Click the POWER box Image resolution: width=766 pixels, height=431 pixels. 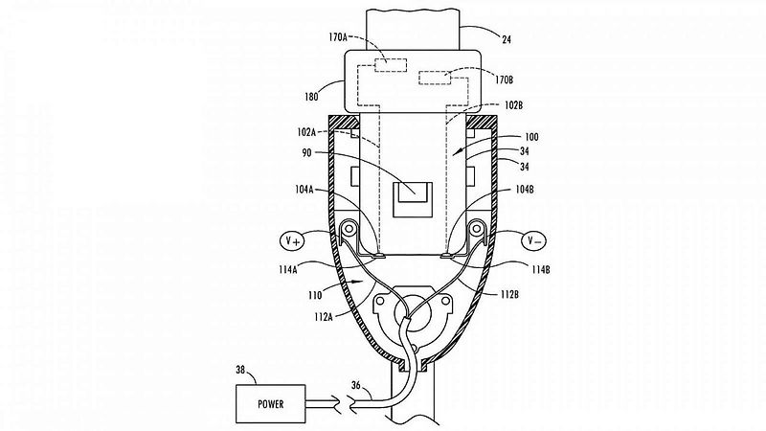[271, 403]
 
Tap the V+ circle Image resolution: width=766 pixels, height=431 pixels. [292, 240]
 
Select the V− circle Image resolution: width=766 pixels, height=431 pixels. [534, 240]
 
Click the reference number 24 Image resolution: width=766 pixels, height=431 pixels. [507, 39]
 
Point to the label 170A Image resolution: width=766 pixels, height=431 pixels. [338, 37]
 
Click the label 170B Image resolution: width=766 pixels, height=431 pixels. [504, 79]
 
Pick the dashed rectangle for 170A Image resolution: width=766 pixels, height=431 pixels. [391, 65]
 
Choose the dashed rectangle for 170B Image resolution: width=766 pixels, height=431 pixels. [435, 78]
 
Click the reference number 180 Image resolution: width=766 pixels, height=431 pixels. [311, 97]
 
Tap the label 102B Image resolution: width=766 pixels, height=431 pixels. [513, 105]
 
